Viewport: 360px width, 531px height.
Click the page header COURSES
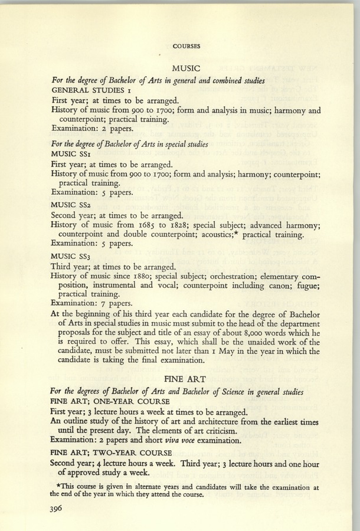186,45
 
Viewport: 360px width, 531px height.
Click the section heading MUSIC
186,69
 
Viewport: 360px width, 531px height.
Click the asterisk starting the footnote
55,485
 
